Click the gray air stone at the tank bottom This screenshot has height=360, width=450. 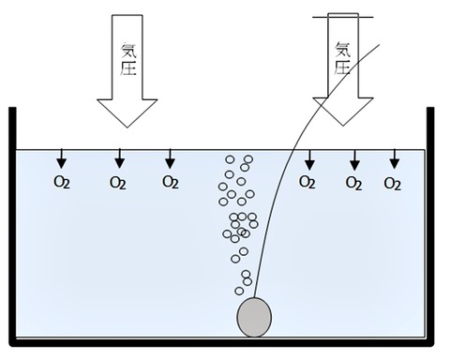[254, 317]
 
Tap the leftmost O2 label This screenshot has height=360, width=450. [62, 182]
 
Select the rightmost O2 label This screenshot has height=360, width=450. [392, 184]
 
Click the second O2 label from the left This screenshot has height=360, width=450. [117, 183]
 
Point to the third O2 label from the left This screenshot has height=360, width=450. [171, 182]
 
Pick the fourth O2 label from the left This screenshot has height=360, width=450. [307, 182]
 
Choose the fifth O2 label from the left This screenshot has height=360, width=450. [353, 184]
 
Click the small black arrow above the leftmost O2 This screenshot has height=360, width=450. [62, 158]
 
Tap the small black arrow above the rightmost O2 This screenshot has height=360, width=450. [395, 159]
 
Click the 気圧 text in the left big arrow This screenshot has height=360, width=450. [128, 59]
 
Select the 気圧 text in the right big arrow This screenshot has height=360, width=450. [342, 58]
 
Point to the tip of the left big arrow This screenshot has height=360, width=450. [127, 127]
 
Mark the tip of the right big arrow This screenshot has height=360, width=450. [343, 126]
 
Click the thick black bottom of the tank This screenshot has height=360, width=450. [221, 342]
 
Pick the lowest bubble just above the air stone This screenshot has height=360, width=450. [239, 291]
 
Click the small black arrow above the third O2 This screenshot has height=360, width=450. [170, 158]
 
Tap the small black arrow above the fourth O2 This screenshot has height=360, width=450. [309, 159]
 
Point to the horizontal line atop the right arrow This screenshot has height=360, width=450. [343, 17]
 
